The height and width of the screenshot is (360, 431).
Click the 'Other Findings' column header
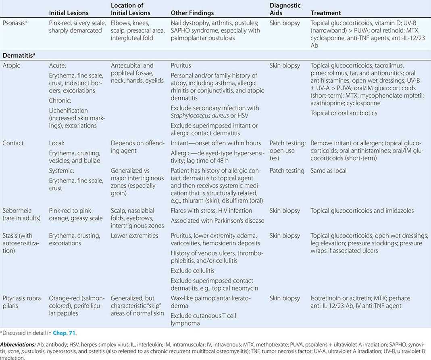point(192,13)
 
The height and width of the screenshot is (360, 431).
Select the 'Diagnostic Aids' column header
point(285,9)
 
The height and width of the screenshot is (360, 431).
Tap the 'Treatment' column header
point(326,13)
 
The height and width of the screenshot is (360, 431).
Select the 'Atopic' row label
point(12,65)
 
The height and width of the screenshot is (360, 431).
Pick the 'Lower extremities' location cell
point(134,236)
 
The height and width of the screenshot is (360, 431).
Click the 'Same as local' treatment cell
point(329,171)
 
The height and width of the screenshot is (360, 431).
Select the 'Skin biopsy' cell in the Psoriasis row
point(285,23)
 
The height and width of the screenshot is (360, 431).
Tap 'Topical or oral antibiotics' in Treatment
point(344,113)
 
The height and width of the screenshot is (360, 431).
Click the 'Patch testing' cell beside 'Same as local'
point(287,171)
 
